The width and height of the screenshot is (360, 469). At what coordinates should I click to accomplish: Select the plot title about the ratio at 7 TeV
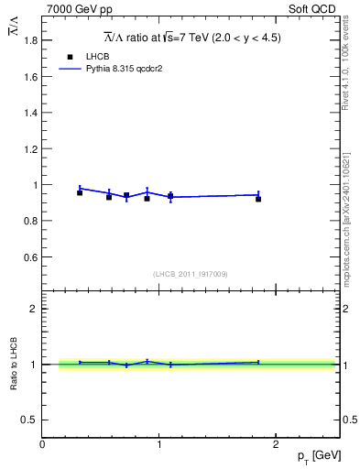tap(191, 38)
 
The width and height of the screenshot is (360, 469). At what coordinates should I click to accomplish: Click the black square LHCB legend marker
tap(68, 57)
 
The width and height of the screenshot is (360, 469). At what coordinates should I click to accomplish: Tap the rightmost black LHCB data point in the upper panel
tap(258, 199)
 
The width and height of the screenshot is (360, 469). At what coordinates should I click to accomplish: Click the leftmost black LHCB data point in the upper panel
tap(80, 192)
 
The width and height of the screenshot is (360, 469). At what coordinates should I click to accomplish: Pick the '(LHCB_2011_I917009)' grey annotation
tap(191, 274)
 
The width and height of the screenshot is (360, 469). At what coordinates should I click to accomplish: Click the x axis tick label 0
tap(42, 443)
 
